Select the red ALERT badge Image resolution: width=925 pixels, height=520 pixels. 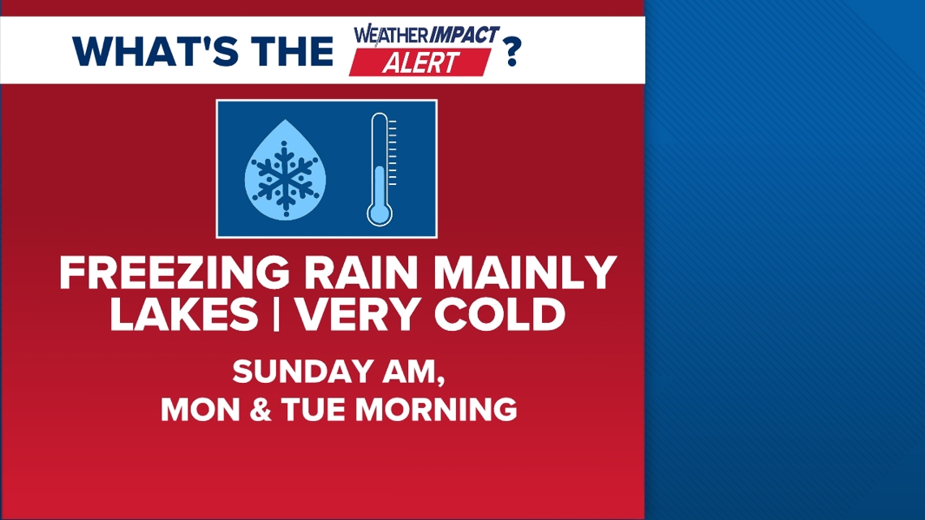coord(419,62)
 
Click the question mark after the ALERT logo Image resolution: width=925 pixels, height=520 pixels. coord(512,51)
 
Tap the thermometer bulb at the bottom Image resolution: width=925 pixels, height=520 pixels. coord(379,213)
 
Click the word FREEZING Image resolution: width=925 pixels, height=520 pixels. coord(174,274)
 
